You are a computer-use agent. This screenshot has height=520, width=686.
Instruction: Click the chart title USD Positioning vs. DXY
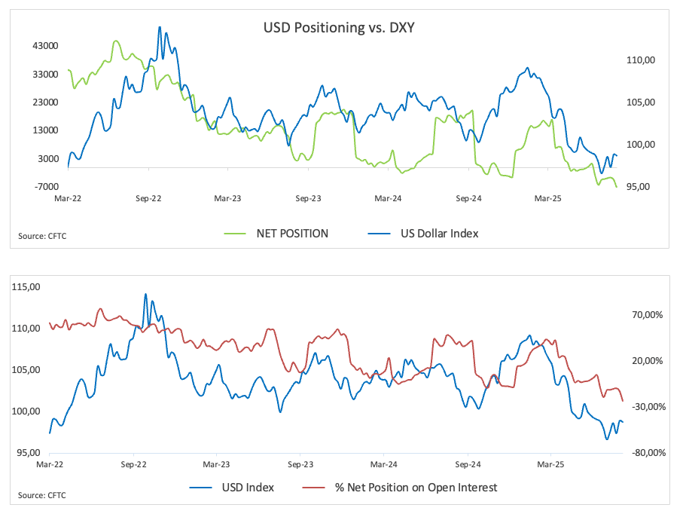click(x=339, y=29)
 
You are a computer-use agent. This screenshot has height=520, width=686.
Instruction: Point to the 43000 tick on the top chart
click(x=45, y=46)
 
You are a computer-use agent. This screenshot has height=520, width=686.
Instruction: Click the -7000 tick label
click(x=45, y=186)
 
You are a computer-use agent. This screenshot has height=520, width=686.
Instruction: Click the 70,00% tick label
click(x=647, y=315)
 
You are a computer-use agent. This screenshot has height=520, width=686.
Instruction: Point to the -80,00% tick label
click(x=645, y=453)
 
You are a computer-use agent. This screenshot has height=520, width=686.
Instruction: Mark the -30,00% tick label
click(x=645, y=407)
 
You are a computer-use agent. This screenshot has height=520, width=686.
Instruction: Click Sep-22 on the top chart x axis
click(x=148, y=199)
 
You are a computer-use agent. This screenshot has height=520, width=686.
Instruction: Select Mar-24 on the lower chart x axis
click(x=384, y=465)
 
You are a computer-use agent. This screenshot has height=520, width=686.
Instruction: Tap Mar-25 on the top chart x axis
click(x=547, y=199)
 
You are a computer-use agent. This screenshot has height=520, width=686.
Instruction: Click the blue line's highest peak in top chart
click(x=160, y=27)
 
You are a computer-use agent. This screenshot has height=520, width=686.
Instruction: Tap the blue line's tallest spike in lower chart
click(x=146, y=294)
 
